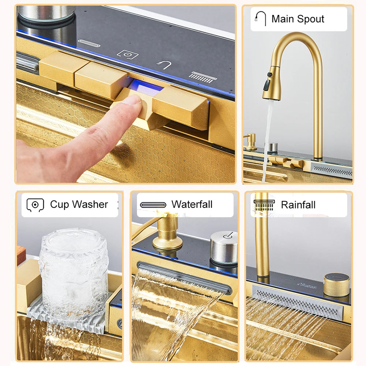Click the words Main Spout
coord(298,19)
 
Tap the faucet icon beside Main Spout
coord(261,19)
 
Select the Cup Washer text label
coord(79,205)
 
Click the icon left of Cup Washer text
coord(35,205)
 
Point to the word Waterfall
coord(192,205)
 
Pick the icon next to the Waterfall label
coord(153,205)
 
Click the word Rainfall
coord(298,205)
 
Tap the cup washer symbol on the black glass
coord(128,55)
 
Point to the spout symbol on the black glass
coord(164,65)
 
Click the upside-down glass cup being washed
coord(74,271)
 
